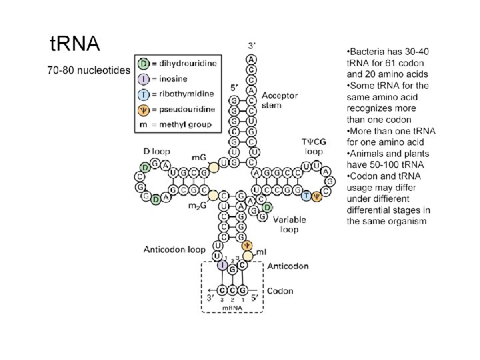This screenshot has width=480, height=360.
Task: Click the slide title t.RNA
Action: coord(75,44)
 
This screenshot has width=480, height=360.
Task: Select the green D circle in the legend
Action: coord(144,64)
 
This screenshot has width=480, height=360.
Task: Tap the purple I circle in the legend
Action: coord(144,79)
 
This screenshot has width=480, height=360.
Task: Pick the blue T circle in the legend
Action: coord(144,94)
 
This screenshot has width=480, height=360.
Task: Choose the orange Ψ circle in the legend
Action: coord(144,109)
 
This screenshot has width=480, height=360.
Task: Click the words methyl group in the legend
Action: coord(187,123)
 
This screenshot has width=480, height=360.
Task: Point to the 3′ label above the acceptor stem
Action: coord(251,45)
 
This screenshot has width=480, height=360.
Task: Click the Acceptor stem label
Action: coord(280,99)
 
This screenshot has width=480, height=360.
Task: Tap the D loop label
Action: coord(157,151)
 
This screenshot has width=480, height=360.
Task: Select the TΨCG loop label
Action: coord(314,146)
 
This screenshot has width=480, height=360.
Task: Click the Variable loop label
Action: coord(289,223)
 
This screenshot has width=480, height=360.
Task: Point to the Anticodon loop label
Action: coord(175,250)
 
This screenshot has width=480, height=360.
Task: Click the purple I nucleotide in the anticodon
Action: coord(221,265)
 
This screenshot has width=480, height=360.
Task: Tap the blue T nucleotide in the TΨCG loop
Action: coord(306,195)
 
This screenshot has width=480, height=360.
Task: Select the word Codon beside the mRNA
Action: coord(280,291)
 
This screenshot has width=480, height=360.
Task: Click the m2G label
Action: coord(196,206)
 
